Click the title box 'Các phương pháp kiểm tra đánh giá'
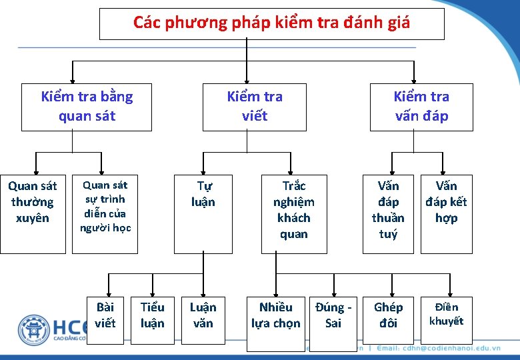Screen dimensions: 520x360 pyautogui.click(x=271, y=23)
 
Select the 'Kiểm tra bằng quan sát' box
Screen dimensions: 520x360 pyautogui.click(x=87, y=107)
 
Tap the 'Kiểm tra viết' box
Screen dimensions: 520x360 pyautogui.click(x=255, y=107)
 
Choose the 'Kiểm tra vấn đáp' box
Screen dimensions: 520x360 pyautogui.click(x=421, y=107)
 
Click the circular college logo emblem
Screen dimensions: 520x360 pyautogui.click(x=33, y=331)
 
